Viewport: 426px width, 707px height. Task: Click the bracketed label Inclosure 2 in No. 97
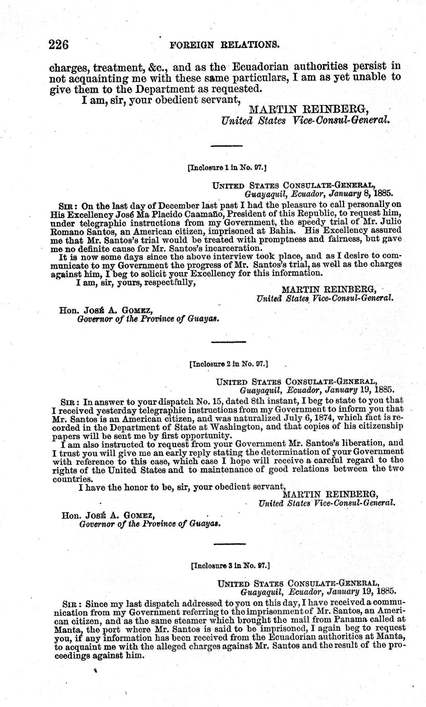point(229,364)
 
